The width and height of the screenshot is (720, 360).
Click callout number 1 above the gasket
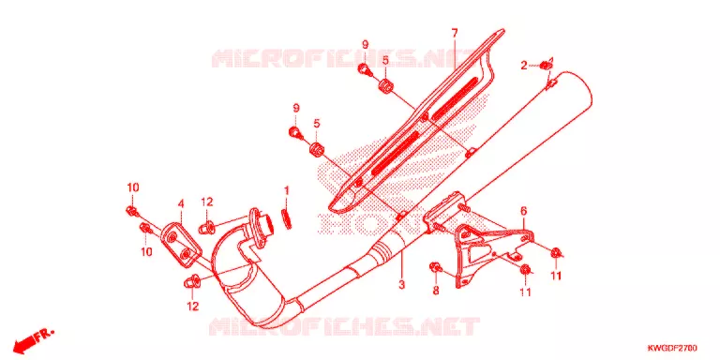(287, 190)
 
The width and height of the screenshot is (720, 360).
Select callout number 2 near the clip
(523, 67)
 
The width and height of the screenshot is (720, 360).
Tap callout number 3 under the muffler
(402, 285)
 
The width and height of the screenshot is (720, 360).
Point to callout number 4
(181, 203)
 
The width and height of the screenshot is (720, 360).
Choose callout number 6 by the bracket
(523, 211)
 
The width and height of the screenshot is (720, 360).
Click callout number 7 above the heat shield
(455, 33)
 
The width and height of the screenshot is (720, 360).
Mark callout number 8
(436, 291)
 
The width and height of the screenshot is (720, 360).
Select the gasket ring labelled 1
(287, 218)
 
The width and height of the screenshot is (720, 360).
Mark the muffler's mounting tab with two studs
(444, 212)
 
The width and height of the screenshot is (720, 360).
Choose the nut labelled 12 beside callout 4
(205, 226)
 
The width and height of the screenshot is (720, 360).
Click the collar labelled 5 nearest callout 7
(385, 86)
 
